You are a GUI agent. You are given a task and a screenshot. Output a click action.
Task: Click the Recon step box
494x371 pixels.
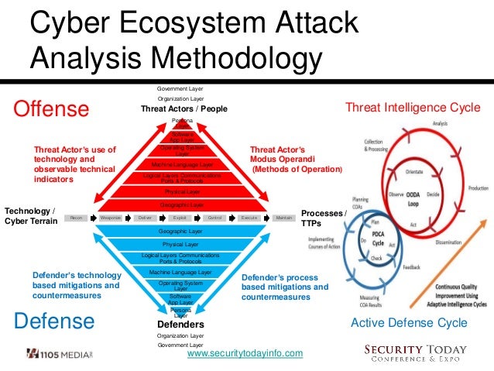tap(76, 218)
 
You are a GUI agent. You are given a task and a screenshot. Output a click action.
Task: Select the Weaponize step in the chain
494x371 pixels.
tap(111, 218)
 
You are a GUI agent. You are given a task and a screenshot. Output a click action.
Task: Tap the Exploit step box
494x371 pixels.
tap(180, 218)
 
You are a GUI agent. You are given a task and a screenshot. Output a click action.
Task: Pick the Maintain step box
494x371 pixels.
tap(283, 218)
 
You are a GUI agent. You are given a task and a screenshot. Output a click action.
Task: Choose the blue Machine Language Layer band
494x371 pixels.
tap(180, 273)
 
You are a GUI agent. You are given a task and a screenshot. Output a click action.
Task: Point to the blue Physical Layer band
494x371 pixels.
tap(180, 244)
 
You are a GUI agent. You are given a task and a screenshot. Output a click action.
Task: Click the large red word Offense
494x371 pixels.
tap(51, 109)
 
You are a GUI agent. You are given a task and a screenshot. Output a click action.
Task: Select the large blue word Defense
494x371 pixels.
tap(53, 320)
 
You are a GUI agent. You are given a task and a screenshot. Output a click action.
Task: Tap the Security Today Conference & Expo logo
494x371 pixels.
tap(415, 353)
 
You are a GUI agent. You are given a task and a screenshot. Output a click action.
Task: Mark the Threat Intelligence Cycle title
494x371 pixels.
tap(412, 107)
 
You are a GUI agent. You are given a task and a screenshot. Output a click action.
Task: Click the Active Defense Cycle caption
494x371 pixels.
tap(409, 322)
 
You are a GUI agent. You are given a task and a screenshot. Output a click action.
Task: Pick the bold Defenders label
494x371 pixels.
tap(180, 324)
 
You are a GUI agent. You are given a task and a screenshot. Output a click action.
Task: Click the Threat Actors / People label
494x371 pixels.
tap(184, 109)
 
